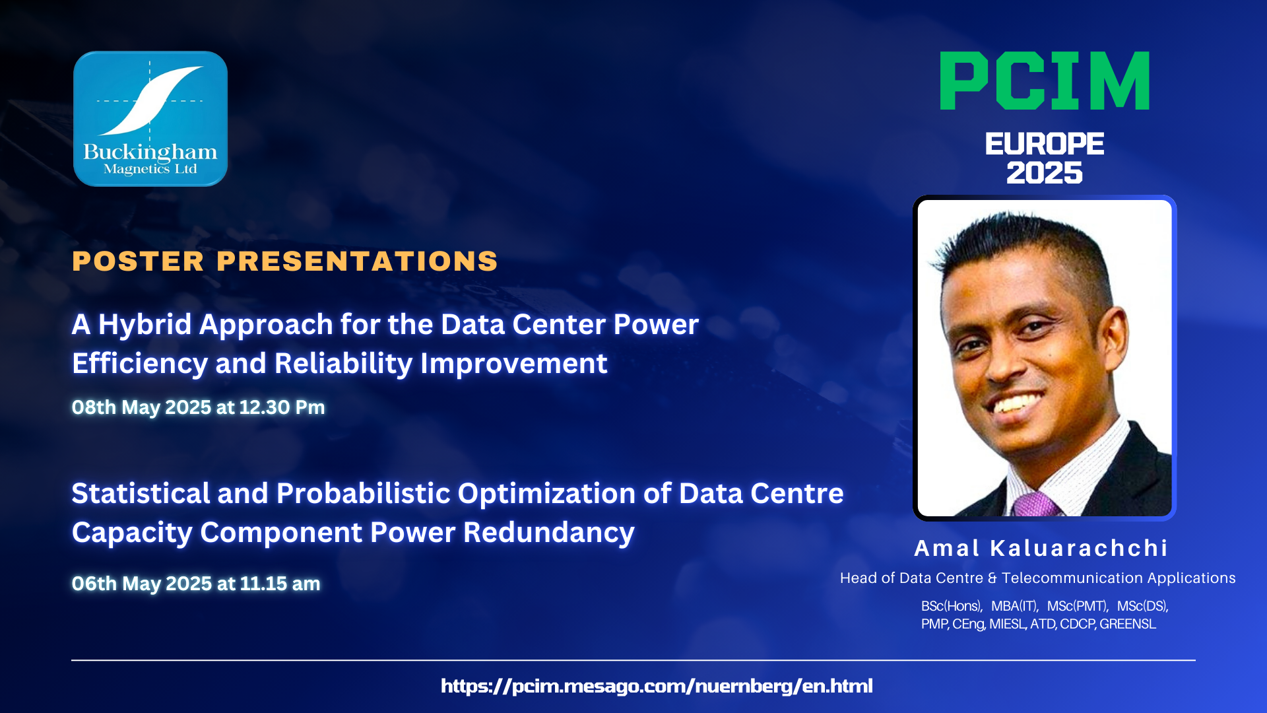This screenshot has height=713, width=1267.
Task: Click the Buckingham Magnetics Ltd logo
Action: click(x=150, y=119)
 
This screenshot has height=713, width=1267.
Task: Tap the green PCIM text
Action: click(x=1045, y=81)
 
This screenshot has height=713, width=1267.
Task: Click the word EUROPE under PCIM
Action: click(x=1045, y=144)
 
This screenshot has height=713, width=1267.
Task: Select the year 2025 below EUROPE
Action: click(x=1045, y=173)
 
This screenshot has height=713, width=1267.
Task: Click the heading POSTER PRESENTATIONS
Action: click(x=285, y=261)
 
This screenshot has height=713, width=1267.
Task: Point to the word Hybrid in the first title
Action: click(x=145, y=325)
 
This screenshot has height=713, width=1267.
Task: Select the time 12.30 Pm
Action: click(x=282, y=407)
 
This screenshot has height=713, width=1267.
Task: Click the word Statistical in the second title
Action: click(x=141, y=493)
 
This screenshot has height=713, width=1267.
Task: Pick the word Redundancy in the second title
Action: click(x=549, y=533)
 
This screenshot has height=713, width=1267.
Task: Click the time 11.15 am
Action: click(x=280, y=584)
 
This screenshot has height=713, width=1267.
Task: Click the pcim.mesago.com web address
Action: click(x=657, y=686)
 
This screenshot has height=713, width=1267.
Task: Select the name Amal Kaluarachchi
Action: click(x=1041, y=548)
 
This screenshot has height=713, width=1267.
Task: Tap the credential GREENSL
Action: click(x=1128, y=624)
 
